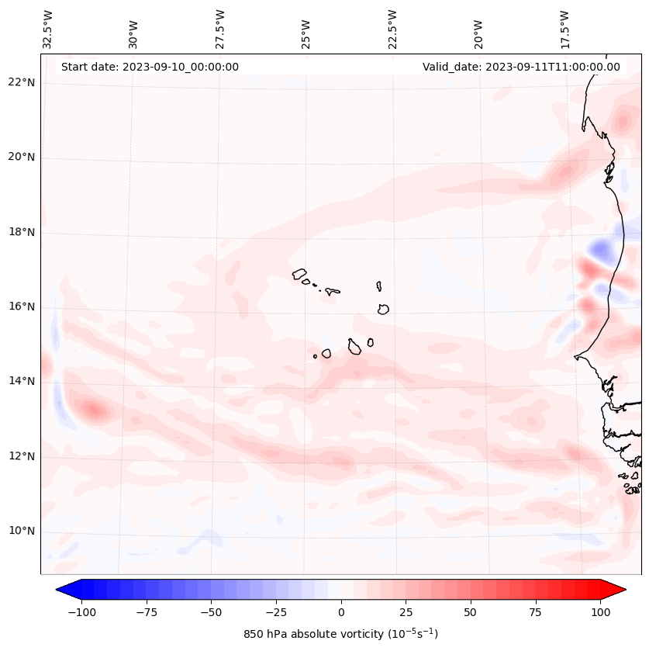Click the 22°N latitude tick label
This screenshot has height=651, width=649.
(22, 83)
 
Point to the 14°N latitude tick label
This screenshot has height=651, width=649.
(22, 381)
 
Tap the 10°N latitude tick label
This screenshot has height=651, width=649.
(22, 531)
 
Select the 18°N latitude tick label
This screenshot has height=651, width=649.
(22, 232)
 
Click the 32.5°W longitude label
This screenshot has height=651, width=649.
(48, 29)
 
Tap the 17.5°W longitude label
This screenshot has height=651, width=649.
(564, 29)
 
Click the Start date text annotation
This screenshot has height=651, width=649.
(150, 67)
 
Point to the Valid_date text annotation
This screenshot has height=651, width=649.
(521, 67)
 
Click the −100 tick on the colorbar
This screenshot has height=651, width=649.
(81, 612)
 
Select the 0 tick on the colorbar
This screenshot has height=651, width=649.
(341, 612)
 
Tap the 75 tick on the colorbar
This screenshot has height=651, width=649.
(536, 612)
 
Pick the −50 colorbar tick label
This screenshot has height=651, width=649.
(211, 612)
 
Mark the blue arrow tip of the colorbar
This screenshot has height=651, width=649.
(62, 590)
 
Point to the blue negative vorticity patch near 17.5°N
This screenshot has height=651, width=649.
(600, 250)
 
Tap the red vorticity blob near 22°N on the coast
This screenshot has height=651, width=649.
(622, 121)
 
